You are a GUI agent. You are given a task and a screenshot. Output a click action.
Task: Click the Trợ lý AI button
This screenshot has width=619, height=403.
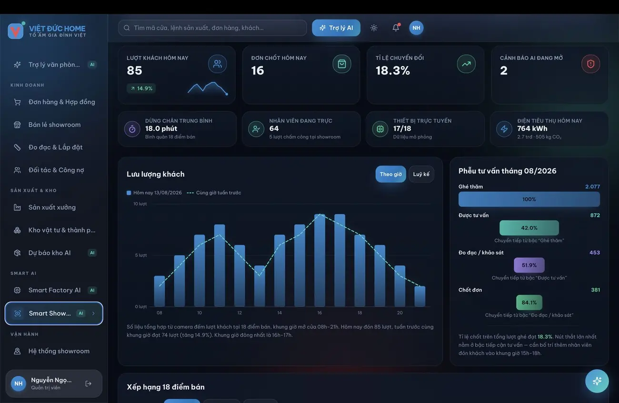336,28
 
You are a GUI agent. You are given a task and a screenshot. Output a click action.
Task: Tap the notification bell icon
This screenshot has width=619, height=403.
396,28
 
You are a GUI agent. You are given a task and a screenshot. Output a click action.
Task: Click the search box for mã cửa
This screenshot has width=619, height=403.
212,28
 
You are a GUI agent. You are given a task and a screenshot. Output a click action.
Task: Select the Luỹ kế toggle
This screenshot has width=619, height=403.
421,174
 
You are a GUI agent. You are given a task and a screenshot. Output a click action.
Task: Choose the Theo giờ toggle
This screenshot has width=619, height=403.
390,174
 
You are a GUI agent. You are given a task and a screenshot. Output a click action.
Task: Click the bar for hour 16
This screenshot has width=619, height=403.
319,260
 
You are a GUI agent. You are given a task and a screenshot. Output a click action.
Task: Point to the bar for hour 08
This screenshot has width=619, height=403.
160,291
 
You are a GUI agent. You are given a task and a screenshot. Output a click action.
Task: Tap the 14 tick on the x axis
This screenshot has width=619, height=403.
280,312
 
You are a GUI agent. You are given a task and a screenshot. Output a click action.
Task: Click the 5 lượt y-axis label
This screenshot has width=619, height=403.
140,255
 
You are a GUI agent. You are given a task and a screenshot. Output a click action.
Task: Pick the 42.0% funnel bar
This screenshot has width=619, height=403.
529,228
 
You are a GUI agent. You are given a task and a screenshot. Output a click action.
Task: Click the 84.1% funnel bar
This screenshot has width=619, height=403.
529,302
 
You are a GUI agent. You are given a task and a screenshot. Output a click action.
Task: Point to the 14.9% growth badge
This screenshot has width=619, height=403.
141,89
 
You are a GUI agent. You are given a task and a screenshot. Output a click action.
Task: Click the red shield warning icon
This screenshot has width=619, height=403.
590,64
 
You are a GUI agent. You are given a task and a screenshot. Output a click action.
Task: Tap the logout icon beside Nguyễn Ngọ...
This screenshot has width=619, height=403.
89,383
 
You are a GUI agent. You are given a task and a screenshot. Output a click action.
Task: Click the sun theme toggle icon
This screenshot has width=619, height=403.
374,28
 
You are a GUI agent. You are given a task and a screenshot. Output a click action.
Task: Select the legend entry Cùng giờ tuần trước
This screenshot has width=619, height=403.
214,192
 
